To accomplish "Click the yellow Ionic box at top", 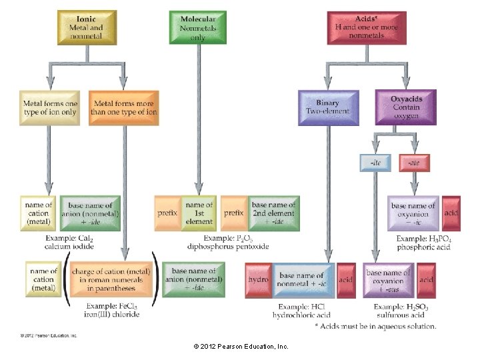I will coord(87,28).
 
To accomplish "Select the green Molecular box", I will coord(197,28).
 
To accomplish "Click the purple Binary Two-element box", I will coord(327,107).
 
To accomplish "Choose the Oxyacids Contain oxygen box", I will coord(406,107).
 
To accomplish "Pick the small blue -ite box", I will coord(375,162).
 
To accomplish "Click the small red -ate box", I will coord(414,162).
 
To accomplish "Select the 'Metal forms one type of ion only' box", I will coord(51,107).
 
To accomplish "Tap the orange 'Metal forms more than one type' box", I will coord(124,107).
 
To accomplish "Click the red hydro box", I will coord(257,280).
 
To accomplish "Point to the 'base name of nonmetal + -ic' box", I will coord(301,280).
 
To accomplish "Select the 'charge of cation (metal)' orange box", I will coord(111,280).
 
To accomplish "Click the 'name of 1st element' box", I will coord(199,213).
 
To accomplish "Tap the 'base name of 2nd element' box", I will coord(273,213).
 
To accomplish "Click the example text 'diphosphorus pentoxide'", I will coord(227,247).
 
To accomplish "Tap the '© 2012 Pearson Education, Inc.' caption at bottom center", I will coord(240,347).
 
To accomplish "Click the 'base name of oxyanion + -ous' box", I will coord(383,280).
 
